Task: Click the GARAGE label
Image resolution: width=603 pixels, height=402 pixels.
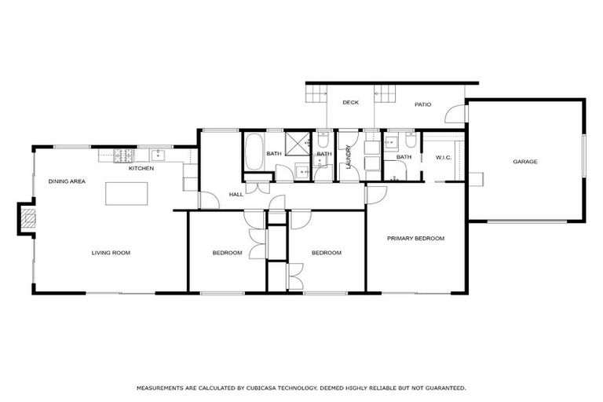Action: pos(525,162)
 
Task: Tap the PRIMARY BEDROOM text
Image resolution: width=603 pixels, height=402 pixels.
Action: pos(416,238)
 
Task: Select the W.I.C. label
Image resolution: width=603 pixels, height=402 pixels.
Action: pos(443,157)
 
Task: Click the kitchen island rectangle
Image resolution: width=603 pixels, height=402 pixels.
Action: pos(126,193)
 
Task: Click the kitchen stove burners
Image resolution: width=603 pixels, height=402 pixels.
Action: pos(122,155)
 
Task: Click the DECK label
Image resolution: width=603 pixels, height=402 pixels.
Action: pos(350,102)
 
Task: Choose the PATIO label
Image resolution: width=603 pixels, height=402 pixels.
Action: pos(423,102)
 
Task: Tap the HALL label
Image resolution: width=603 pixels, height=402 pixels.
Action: pos(236,194)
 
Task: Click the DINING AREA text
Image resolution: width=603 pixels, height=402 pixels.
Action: pos(67,181)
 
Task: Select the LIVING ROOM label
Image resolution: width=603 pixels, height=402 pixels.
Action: pos(111,253)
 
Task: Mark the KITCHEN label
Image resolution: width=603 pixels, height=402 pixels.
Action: pos(141,168)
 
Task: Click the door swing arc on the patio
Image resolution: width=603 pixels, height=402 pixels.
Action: pos(455,115)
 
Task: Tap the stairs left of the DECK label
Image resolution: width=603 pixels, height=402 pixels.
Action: pos(316,95)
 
